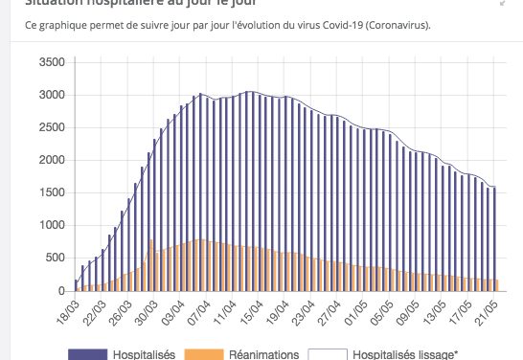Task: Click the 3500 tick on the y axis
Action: (50, 62)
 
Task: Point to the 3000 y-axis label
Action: (50, 95)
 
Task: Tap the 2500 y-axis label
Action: (50, 127)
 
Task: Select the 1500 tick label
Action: (50, 192)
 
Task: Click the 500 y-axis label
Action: (53, 258)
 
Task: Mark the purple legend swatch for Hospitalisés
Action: (85, 354)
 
